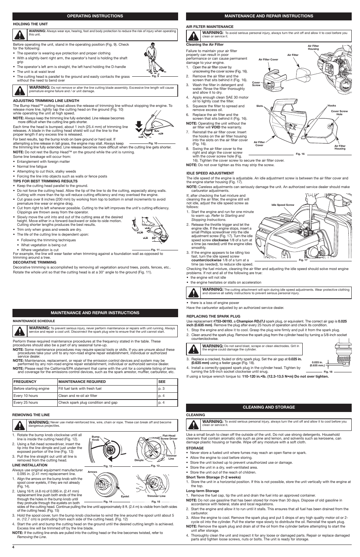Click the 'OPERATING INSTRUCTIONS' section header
click(95, 16)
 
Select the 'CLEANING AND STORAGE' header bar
click(269, 407)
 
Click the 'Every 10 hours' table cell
click(26, 396)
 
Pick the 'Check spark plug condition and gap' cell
click(88, 403)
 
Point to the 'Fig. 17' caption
click(303, 260)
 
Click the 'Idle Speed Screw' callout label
click(283, 205)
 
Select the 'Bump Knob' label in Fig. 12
click(95, 438)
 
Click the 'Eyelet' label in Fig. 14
click(125, 496)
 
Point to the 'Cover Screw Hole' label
click(339, 113)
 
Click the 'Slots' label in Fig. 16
click(259, 106)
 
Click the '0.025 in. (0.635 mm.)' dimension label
click(317, 364)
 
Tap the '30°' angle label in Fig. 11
click(154, 238)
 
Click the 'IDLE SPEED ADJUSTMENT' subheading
click(210, 173)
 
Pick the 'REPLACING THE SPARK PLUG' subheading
click(213, 316)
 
